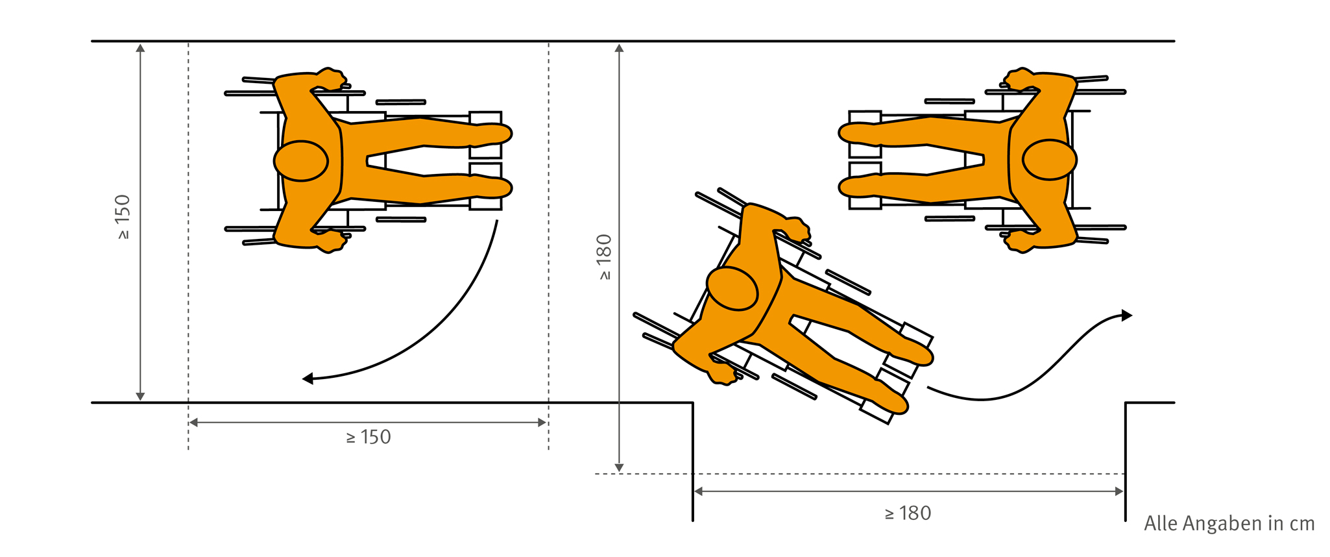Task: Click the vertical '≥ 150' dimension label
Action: [123, 217]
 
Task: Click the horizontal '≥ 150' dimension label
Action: [369, 437]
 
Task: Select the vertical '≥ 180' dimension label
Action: [604, 257]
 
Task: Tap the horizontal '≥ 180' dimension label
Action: [908, 514]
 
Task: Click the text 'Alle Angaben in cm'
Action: [1229, 523]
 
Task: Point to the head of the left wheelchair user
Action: [301, 161]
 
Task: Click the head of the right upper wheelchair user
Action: [1050, 159]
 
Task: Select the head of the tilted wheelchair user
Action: [732, 288]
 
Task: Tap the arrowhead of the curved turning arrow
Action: [308, 378]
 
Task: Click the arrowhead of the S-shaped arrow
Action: [1127, 316]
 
